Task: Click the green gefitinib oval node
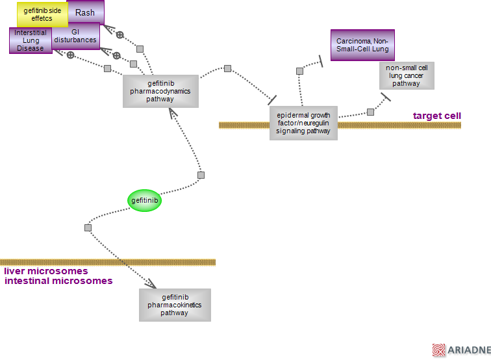(x=144, y=201)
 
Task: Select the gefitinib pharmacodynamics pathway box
(x=160, y=91)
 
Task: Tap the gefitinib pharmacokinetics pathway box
(x=175, y=305)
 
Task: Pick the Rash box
(x=86, y=12)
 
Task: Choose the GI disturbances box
(x=76, y=36)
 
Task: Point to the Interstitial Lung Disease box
(x=30, y=40)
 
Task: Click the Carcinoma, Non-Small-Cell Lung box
(x=362, y=45)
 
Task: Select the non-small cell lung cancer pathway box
(x=407, y=75)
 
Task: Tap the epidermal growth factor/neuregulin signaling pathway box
(x=303, y=123)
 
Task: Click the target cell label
(x=436, y=116)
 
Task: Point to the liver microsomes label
(x=46, y=271)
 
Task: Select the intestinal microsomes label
(x=58, y=281)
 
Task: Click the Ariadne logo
(x=461, y=350)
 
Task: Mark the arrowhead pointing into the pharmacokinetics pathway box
(x=151, y=284)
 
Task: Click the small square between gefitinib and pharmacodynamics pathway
(x=201, y=175)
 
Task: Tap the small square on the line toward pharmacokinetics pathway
(x=88, y=227)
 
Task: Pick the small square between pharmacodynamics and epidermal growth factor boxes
(x=227, y=68)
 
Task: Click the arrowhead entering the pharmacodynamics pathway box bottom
(x=171, y=112)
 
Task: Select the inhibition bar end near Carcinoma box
(x=320, y=62)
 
